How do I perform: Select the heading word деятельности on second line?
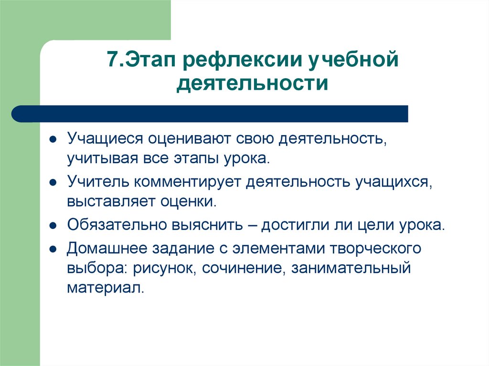click(253, 84)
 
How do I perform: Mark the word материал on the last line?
click(105, 288)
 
